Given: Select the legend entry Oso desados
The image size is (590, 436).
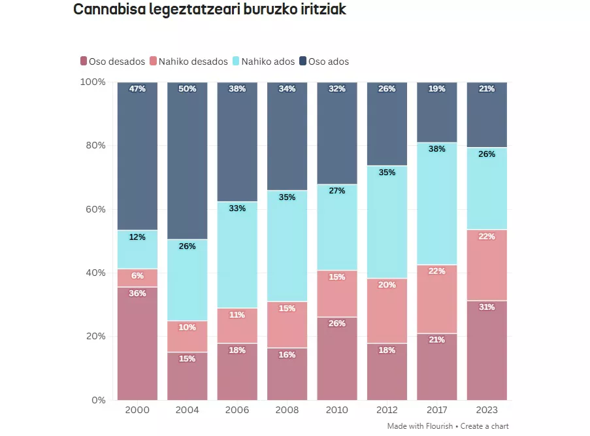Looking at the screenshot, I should (112, 61).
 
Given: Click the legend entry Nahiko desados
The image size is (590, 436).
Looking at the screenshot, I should (189, 61).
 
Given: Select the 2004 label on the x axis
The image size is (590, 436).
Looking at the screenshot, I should (187, 410).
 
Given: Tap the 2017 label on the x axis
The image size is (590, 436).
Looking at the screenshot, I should (436, 410).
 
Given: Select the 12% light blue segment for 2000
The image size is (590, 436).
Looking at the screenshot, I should (137, 249).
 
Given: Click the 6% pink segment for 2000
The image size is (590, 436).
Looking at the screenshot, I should (137, 278).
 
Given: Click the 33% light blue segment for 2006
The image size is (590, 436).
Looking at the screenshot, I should (237, 254).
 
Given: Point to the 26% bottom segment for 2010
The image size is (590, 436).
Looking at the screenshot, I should (337, 358).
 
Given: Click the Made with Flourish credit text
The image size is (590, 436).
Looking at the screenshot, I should (419, 426).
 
